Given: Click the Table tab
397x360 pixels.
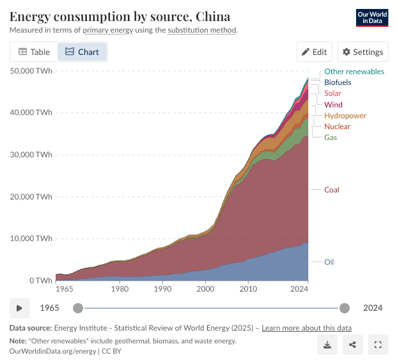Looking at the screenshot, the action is click(x=34, y=52).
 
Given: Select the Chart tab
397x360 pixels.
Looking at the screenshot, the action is click(x=82, y=52).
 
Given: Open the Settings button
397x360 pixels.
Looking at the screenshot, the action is click(x=363, y=52).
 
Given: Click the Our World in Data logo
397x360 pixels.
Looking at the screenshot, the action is click(x=372, y=18).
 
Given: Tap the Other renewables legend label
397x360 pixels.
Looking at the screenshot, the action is click(x=354, y=72).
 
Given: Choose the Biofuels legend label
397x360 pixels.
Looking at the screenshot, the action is click(x=338, y=82).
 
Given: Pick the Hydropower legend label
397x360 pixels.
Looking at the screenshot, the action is click(x=345, y=116).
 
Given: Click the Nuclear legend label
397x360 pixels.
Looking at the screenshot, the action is click(x=338, y=127).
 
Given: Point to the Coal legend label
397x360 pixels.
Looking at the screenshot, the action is click(x=331, y=190).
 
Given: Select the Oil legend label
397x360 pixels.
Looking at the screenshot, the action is click(x=329, y=262).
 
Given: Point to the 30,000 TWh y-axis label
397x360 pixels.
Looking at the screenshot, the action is click(x=31, y=155).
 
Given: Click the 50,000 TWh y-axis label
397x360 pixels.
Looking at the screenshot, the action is click(x=31, y=71).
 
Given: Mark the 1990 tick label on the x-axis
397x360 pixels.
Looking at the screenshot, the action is click(x=162, y=289).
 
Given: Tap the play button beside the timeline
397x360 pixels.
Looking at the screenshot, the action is click(x=20, y=308).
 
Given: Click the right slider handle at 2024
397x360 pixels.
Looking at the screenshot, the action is click(x=345, y=308).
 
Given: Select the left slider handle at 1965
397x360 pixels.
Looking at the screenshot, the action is click(x=78, y=308).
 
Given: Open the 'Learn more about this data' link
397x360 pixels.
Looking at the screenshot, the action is click(x=306, y=328).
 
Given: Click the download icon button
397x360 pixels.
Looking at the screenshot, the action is click(x=327, y=345).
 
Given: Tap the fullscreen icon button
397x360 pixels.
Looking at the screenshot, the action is click(x=378, y=345).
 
